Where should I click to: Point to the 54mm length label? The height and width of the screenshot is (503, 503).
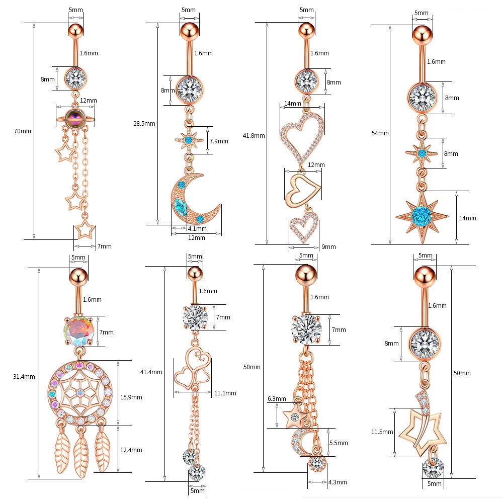(380, 133)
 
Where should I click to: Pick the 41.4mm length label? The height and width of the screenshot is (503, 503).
(151, 372)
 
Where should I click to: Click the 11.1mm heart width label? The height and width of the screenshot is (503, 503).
(225, 393)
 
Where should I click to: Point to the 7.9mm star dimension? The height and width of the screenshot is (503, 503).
(218, 141)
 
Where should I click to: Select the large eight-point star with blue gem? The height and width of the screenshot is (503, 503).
(422, 216)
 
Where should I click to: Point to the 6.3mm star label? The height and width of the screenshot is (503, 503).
(277, 399)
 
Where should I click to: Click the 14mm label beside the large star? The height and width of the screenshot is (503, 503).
(467, 218)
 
